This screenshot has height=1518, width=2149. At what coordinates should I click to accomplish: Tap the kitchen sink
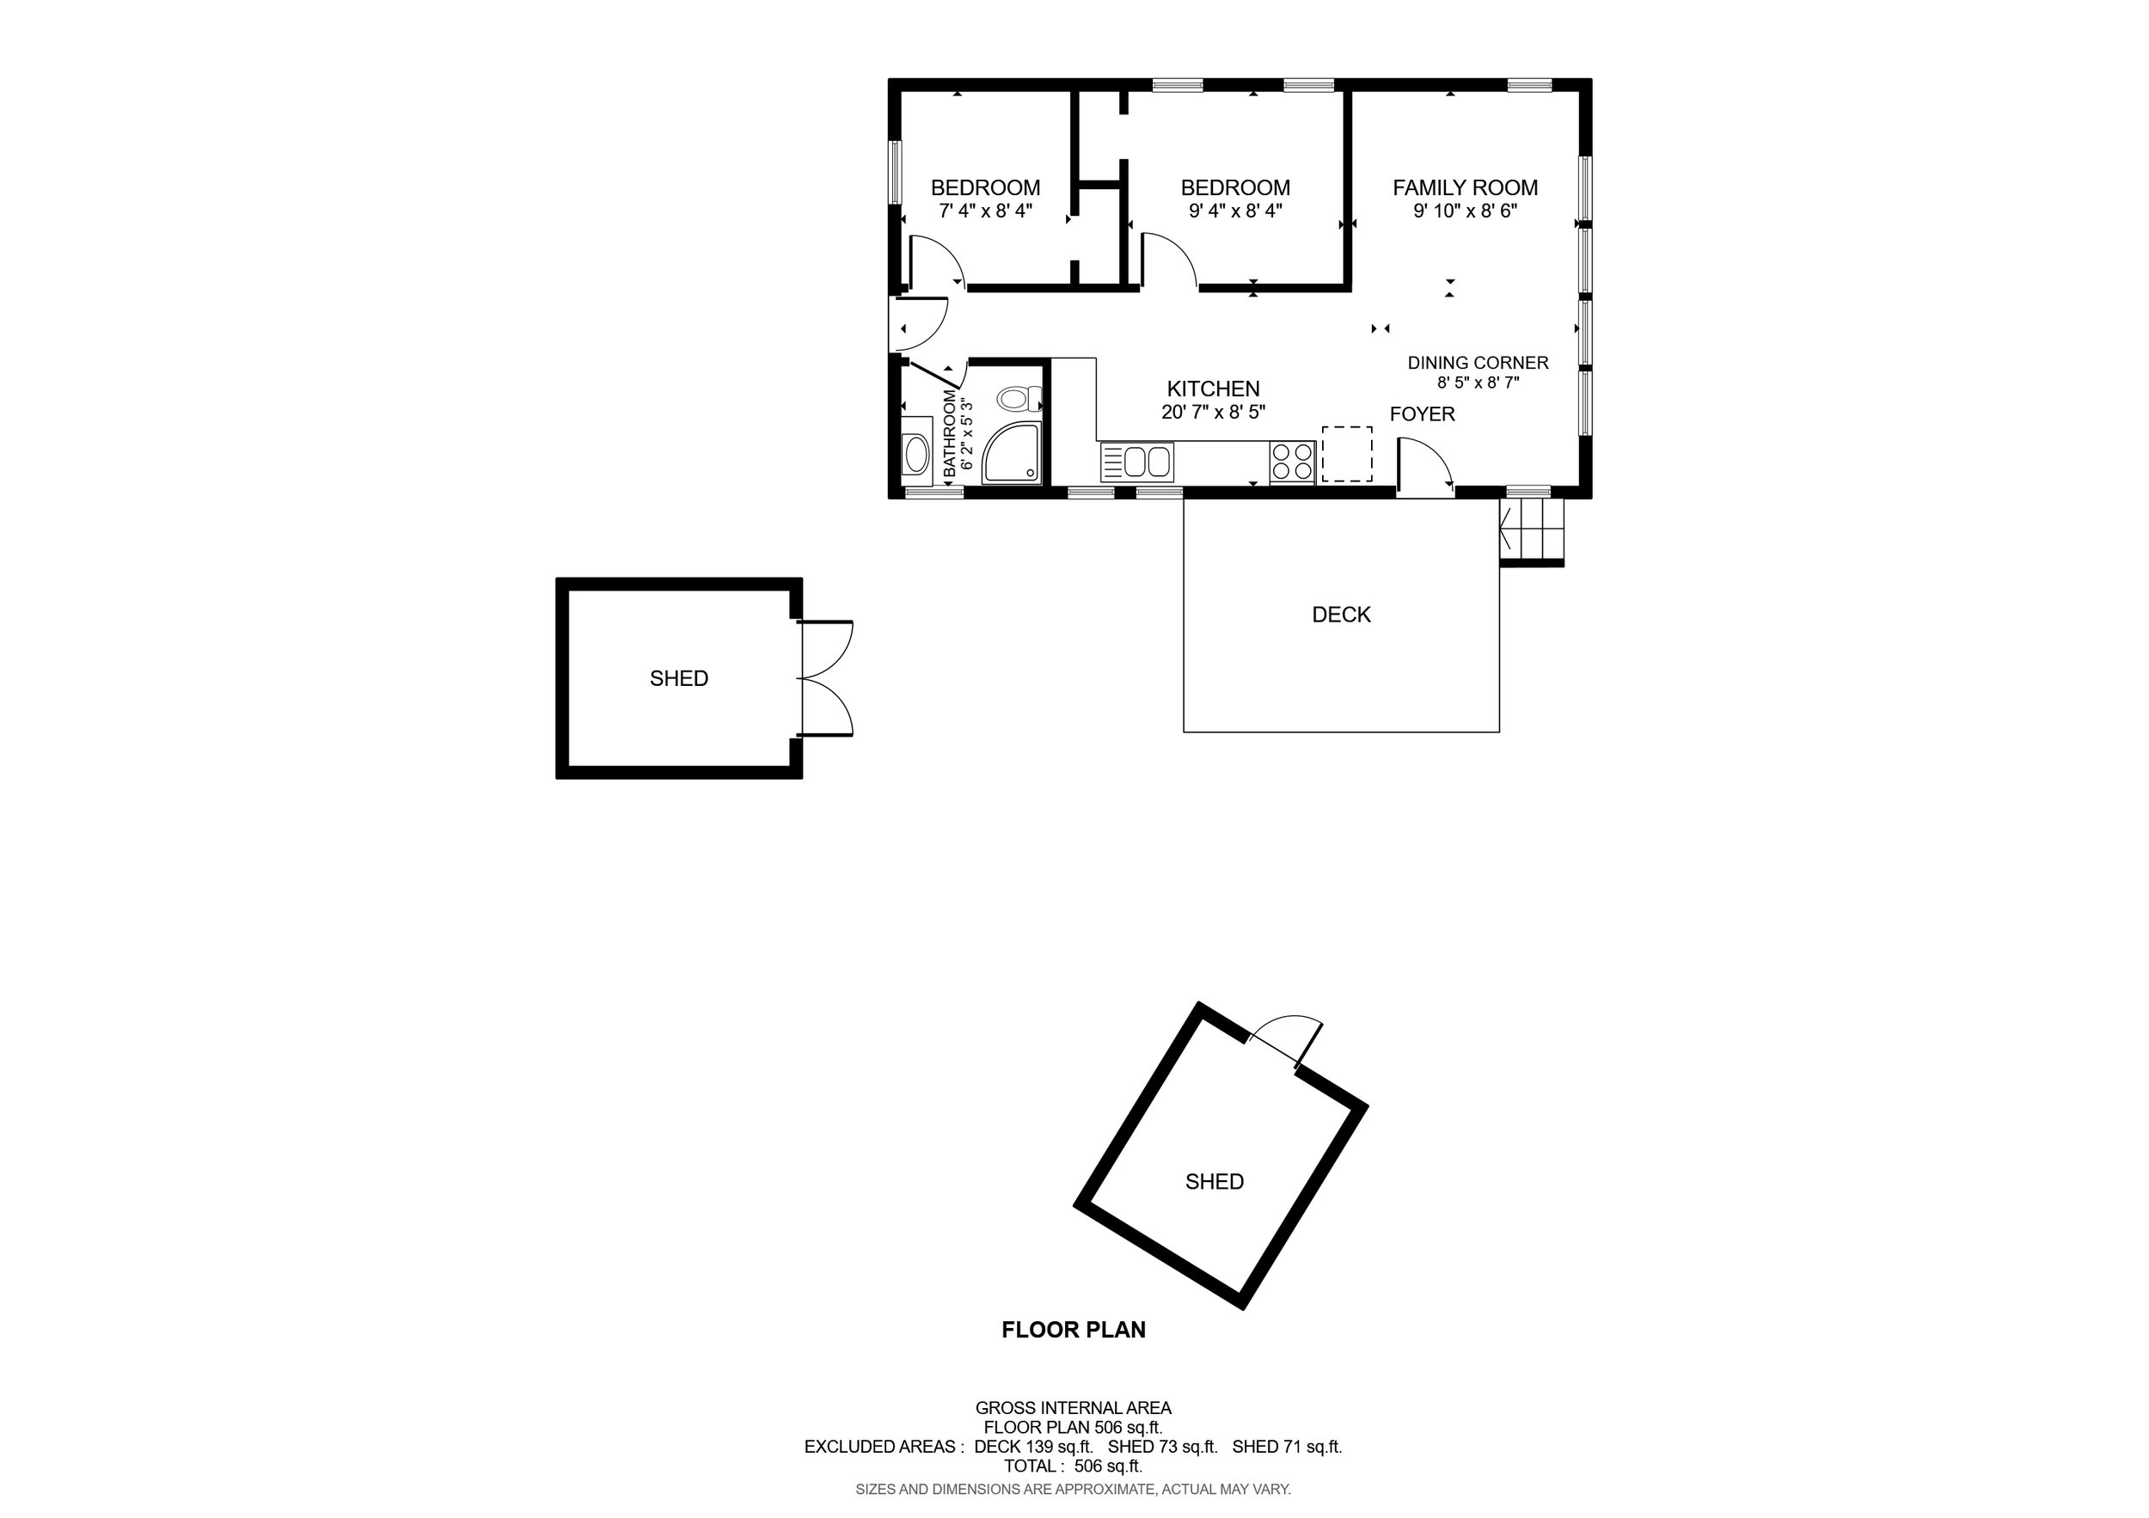tap(1136, 462)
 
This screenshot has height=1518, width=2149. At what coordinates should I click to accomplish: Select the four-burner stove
tap(1293, 462)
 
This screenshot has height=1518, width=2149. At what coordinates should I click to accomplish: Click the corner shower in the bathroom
tap(1012, 454)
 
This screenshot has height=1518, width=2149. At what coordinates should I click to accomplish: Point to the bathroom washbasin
tap(915, 456)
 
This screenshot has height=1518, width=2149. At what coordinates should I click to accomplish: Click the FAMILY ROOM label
tap(1465, 188)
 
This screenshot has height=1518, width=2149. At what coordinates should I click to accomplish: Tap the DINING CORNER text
tap(1478, 363)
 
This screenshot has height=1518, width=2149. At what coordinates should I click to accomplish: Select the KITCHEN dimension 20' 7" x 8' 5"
tap(1213, 412)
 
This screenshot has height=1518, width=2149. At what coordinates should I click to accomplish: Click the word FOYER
tap(1422, 414)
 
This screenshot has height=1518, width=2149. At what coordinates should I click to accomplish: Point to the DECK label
tap(1341, 615)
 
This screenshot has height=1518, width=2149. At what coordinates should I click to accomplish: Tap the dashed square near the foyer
tap(1347, 454)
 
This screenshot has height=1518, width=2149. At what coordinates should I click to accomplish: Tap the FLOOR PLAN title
tap(1074, 1330)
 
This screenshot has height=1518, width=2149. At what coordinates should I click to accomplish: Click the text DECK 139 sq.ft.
tap(1033, 1446)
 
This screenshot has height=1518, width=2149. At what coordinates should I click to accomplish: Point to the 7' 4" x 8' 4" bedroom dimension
tap(986, 211)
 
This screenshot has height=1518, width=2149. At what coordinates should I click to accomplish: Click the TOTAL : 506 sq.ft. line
tap(1074, 1466)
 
